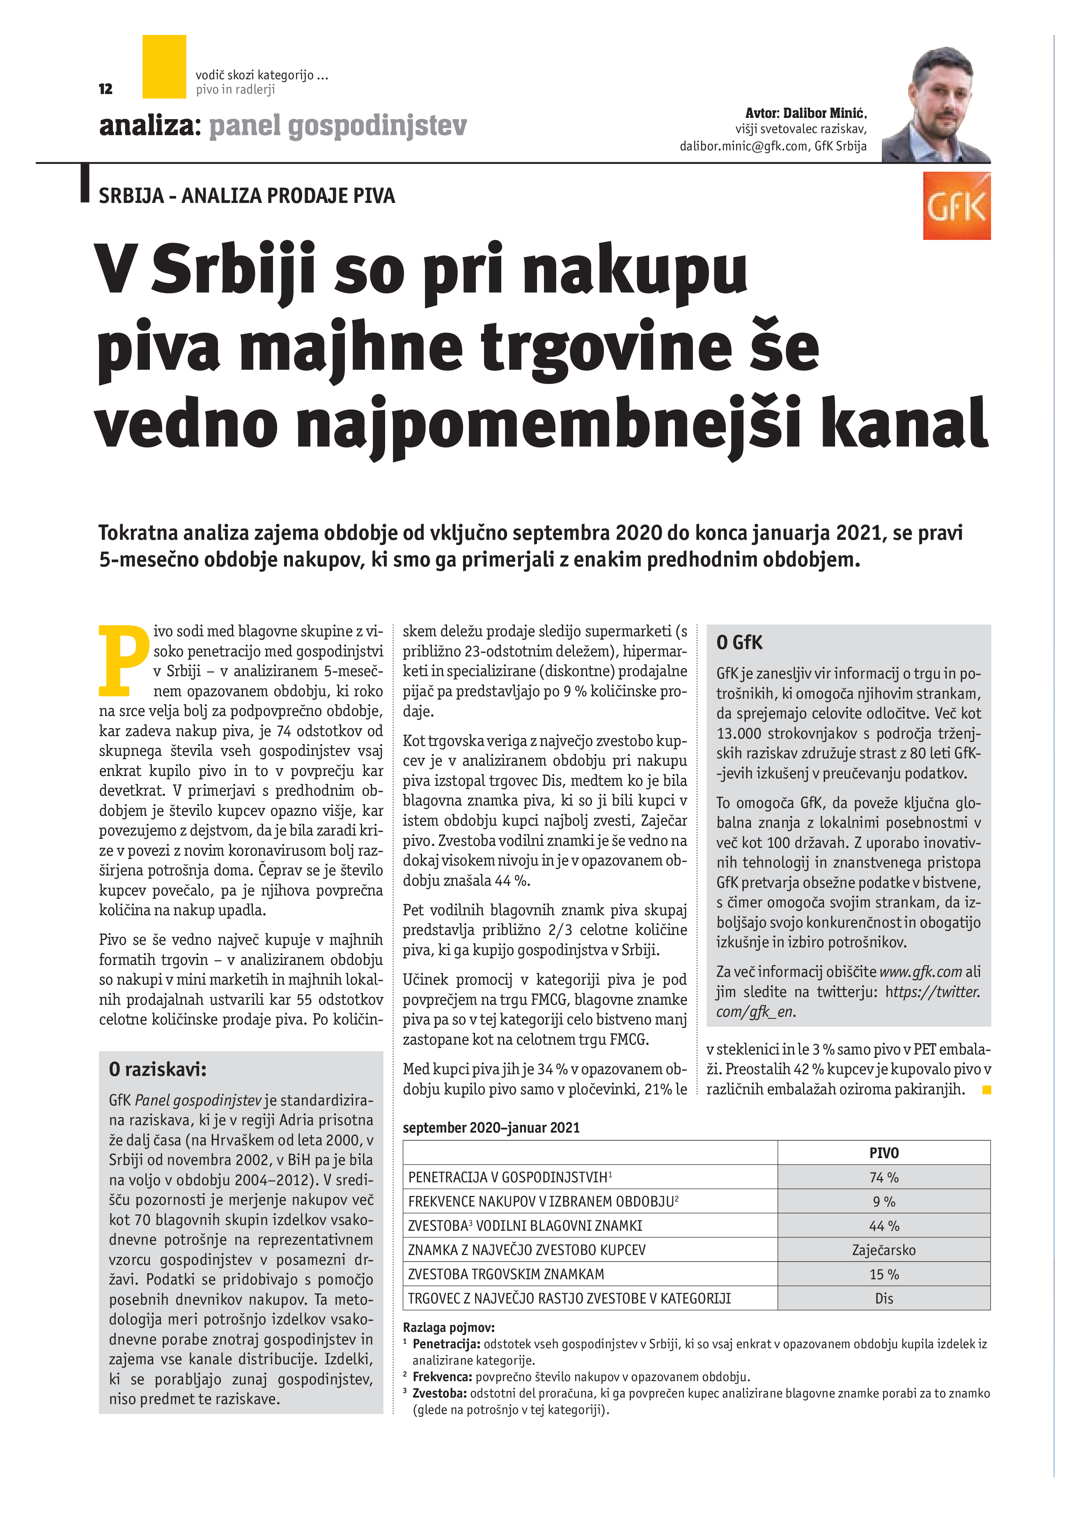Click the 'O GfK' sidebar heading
click(x=739, y=643)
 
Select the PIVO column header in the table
click(x=883, y=1153)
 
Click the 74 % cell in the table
click(x=883, y=1177)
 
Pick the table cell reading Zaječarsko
click(x=883, y=1250)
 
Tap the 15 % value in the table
click(x=883, y=1274)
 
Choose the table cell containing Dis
click(x=883, y=1298)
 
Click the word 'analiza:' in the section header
click(x=150, y=125)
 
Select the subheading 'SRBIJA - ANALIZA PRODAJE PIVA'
click(x=247, y=196)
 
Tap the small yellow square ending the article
click(x=987, y=1090)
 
